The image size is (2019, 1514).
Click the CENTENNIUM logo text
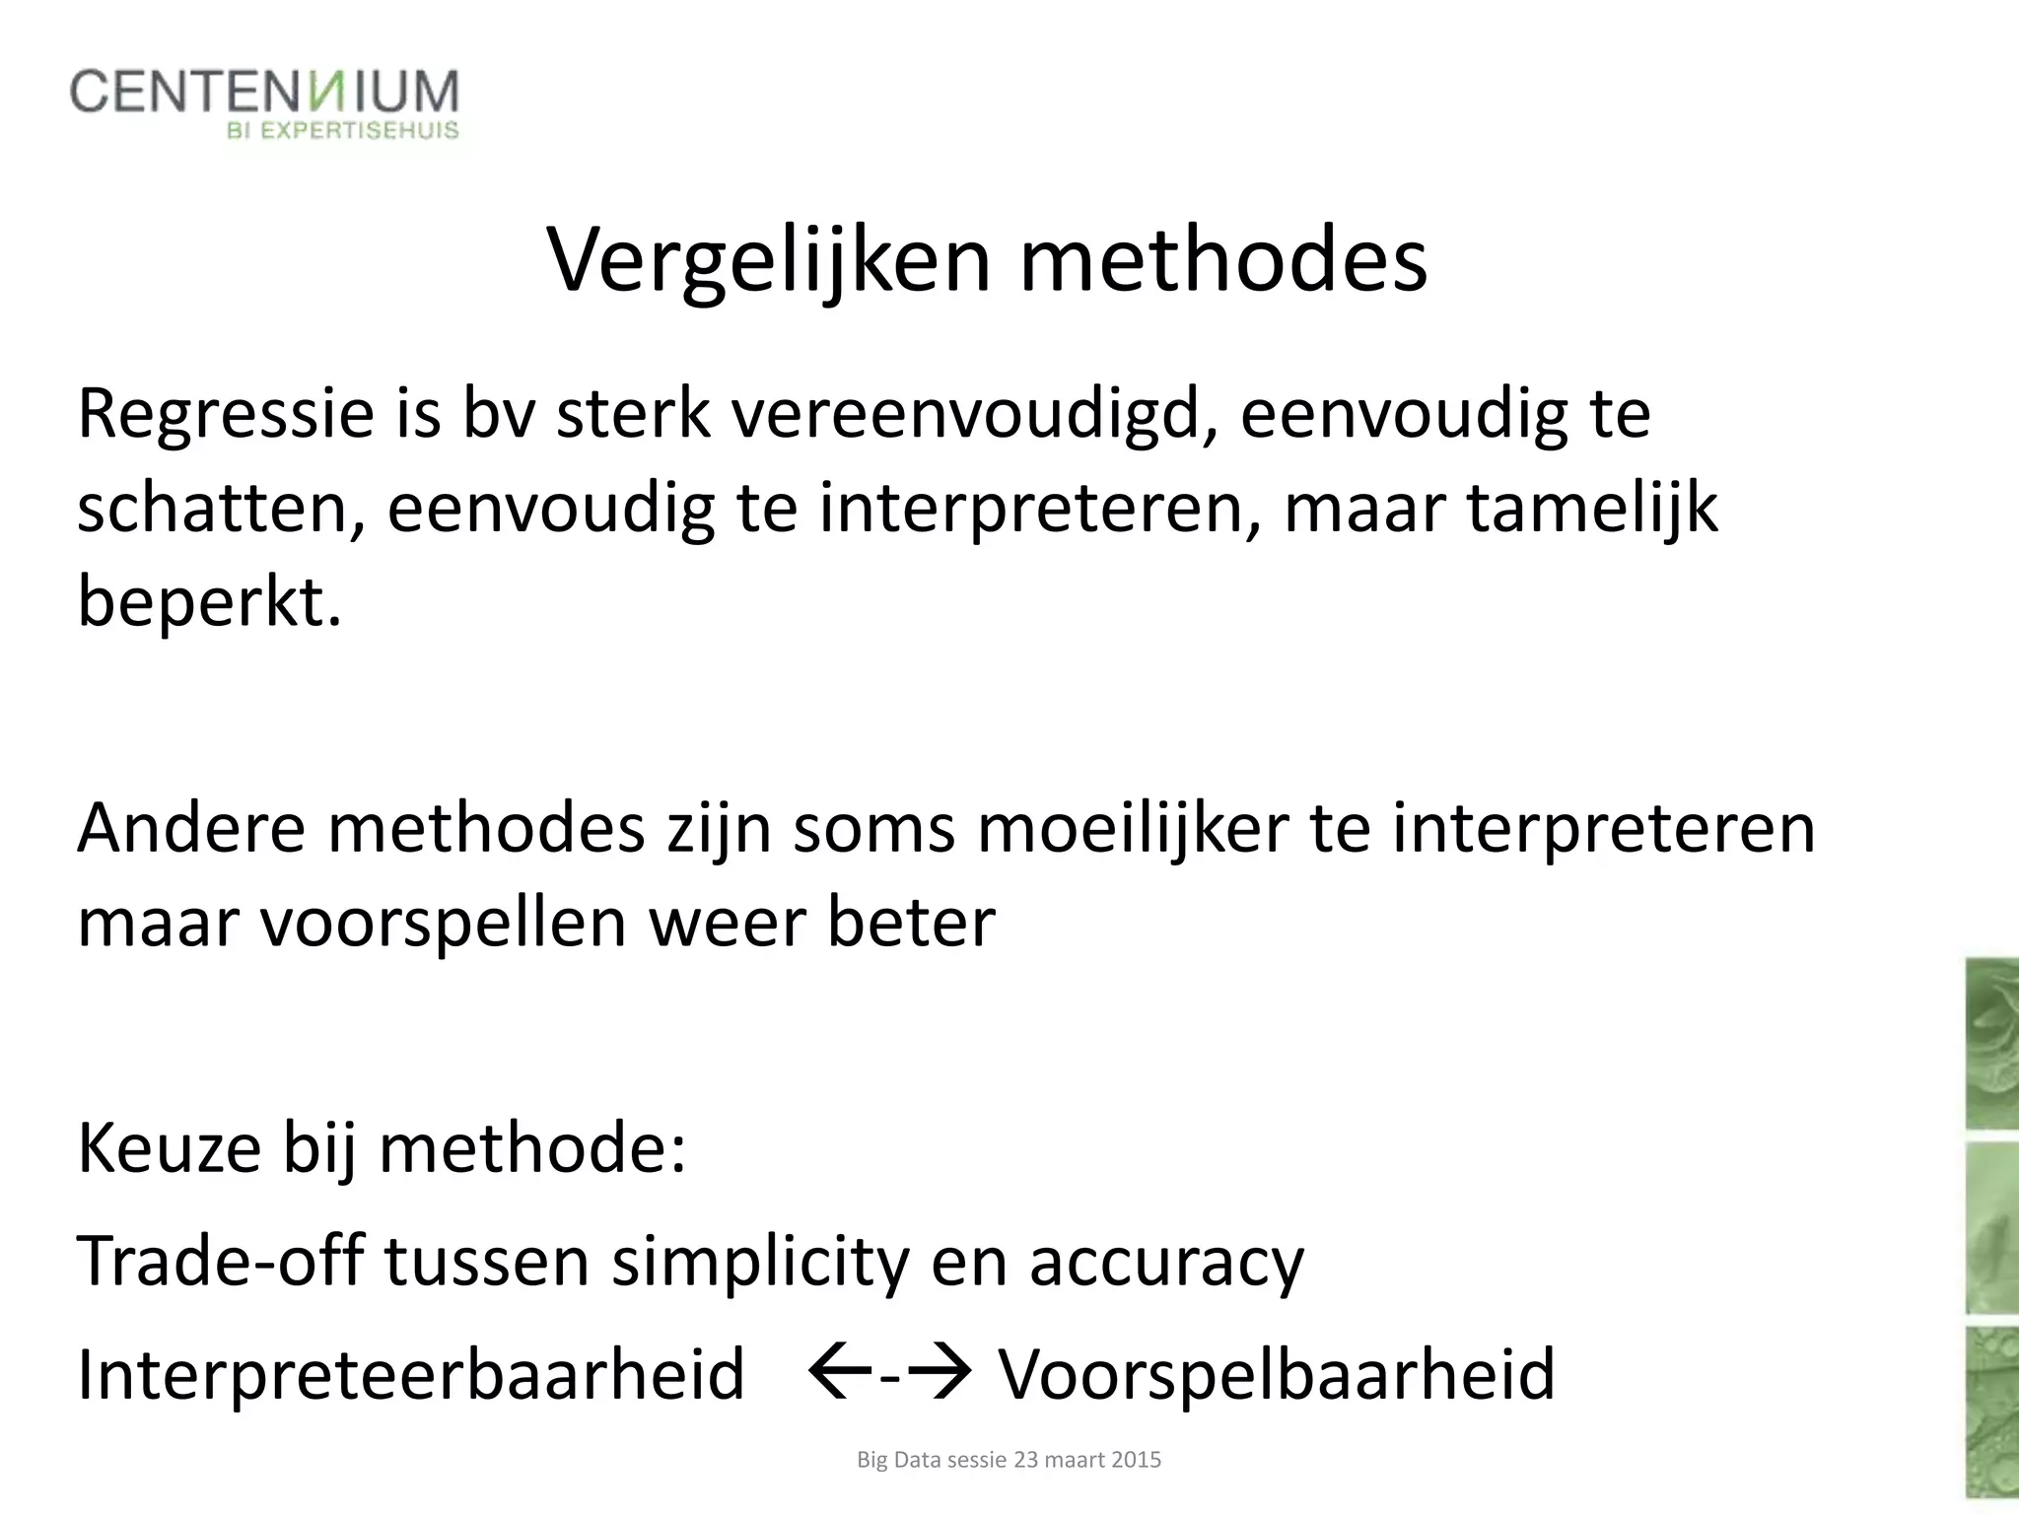point(264,93)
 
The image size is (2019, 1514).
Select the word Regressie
point(226,415)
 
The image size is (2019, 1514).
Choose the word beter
point(911,923)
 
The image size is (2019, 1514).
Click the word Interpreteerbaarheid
point(410,1374)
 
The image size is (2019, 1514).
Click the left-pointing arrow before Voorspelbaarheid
point(839,1370)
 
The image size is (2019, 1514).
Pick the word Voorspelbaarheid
point(1278,1374)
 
